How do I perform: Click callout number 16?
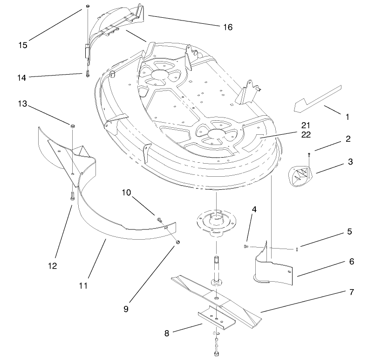point(227,28)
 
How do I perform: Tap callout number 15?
point(23,45)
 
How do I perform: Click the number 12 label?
point(52,266)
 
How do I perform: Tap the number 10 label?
point(127,193)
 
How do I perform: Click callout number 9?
point(126,308)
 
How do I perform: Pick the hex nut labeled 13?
point(73,126)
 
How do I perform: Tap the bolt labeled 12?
point(73,196)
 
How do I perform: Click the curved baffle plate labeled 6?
point(275,270)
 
